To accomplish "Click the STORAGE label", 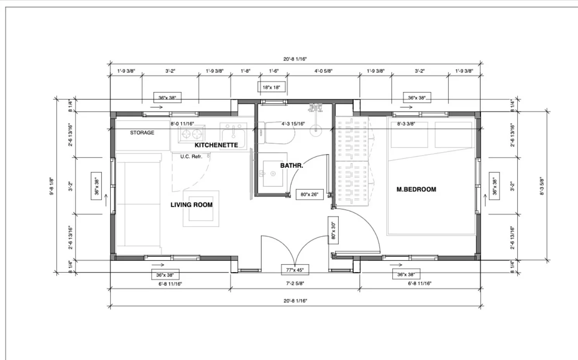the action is pyautogui.click(x=142, y=133).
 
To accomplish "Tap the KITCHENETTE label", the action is pyautogui.click(x=216, y=145).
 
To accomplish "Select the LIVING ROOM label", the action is pyautogui.click(x=192, y=205).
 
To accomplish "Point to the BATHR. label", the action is pyautogui.click(x=292, y=165).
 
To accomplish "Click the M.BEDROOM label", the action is pyautogui.click(x=416, y=189).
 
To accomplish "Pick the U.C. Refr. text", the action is pyautogui.click(x=191, y=157).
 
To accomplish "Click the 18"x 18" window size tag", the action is pyautogui.click(x=272, y=87).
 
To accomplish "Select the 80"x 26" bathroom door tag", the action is pyautogui.click(x=310, y=194).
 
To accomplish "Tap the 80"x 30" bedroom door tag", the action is pyautogui.click(x=333, y=230).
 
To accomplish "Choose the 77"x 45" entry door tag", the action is pyautogui.click(x=295, y=270).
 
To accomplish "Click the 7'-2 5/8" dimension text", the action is pyautogui.click(x=295, y=283).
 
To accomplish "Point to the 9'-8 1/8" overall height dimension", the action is pyautogui.click(x=52, y=186).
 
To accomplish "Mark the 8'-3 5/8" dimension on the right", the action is pyautogui.click(x=542, y=186).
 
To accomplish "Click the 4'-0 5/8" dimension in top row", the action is pyautogui.click(x=323, y=71).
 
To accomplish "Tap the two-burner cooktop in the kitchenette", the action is pyautogui.click(x=192, y=134).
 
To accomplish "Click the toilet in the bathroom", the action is pyautogui.click(x=277, y=133).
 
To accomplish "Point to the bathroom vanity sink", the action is pyautogui.click(x=273, y=173).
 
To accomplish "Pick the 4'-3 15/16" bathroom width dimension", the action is pyautogui.click(x=293, y=124).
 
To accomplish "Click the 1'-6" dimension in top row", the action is pyautogui.click(x=274, y=71).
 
